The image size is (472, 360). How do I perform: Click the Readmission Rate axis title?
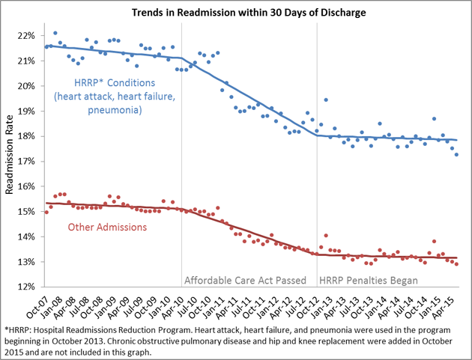(x=10, y=161)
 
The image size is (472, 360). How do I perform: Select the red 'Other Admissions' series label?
(x=106, y=227)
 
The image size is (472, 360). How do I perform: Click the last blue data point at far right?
(x=457, y=154)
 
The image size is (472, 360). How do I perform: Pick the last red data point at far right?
(x=457, y=264)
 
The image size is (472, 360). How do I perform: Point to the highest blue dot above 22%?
(x=55, y=33)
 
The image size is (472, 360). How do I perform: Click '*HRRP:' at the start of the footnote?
(x=20, y=329)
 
